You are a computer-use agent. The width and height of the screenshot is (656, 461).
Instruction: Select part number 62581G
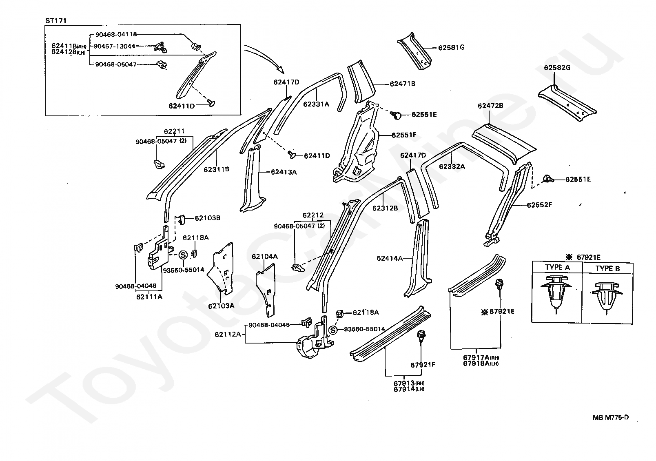pos(451,47)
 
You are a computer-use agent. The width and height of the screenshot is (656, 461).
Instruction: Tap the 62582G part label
pos(557,68)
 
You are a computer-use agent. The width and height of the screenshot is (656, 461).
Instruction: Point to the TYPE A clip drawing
pos(556,295)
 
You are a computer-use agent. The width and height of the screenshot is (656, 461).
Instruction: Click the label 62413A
pos(284,172)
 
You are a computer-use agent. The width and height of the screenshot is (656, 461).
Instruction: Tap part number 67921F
pos(423,365)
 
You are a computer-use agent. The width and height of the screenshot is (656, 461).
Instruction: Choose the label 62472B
pos(490,106)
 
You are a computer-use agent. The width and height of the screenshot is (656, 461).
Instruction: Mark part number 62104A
pos(264,257)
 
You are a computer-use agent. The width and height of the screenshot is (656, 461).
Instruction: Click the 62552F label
pos(539,205)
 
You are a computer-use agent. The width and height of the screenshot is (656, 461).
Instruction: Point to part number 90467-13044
pos(115,46)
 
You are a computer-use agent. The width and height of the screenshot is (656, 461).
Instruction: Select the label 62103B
pos(207,218)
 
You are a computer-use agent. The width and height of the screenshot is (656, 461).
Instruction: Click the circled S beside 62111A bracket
pos(183,255)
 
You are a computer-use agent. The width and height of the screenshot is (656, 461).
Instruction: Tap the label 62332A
pos(452,166)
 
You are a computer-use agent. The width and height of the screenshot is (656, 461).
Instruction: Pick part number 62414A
pos(390,258)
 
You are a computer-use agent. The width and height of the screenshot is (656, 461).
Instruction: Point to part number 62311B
pos(216,169)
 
